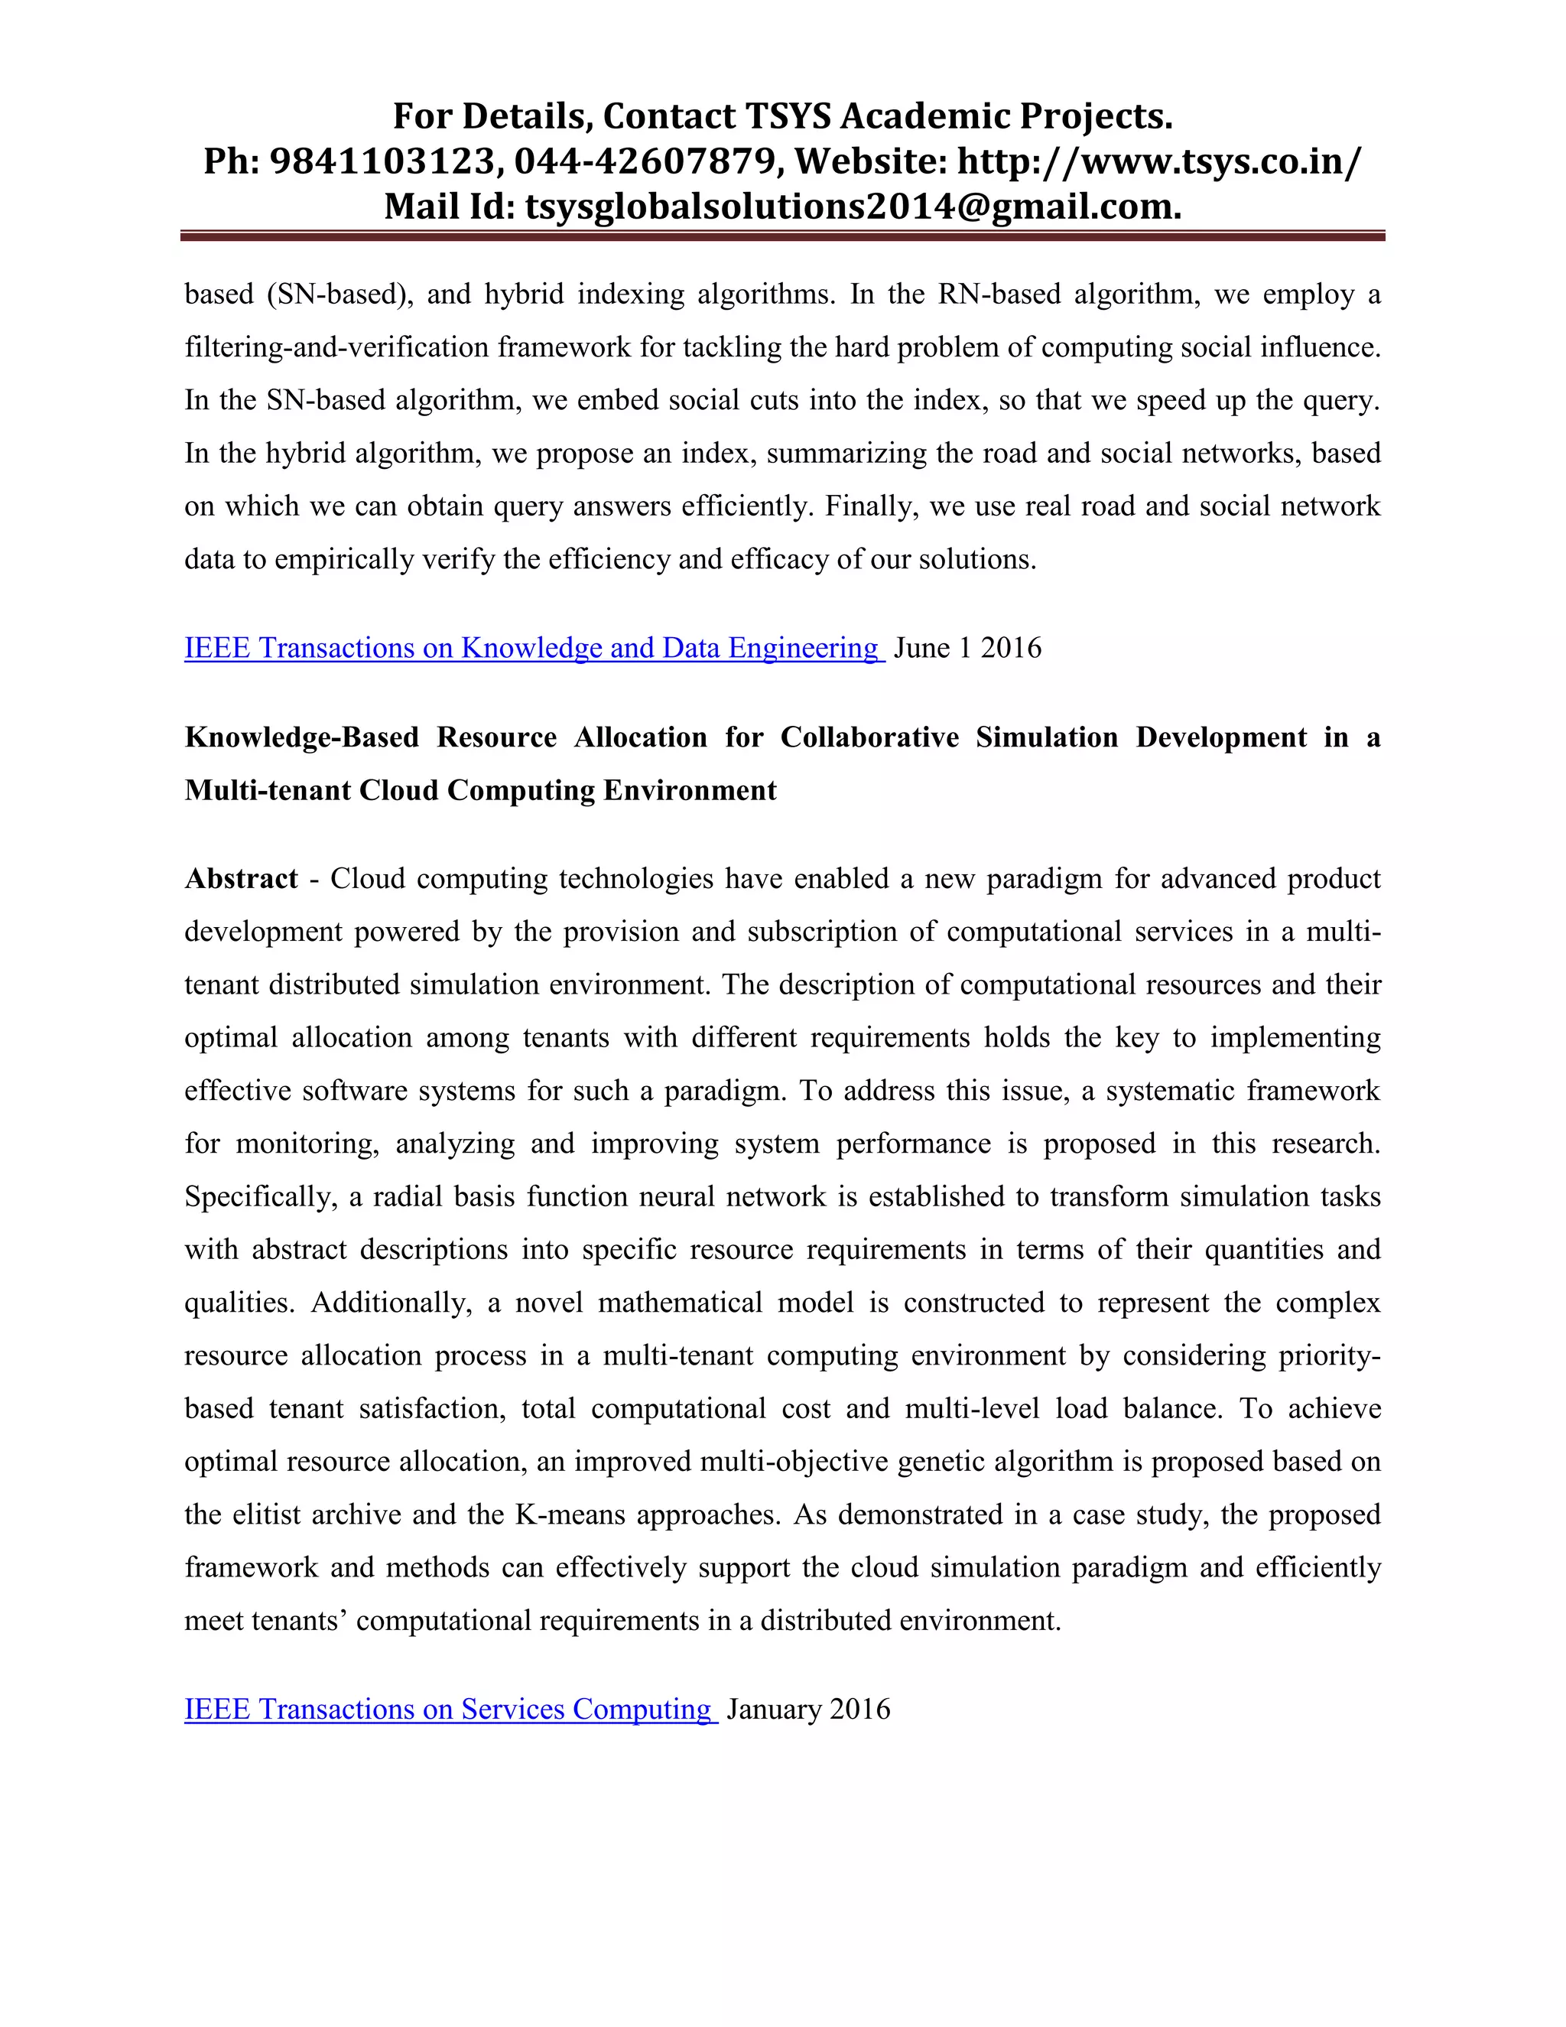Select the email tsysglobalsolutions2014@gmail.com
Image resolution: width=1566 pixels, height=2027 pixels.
click(x=853, y=206)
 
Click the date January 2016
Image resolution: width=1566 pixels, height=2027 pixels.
click(x=808, y=1709)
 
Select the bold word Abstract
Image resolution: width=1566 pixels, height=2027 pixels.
click(x=241, y=878)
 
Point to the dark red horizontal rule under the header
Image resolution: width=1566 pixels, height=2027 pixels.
click(x=782, y=236)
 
